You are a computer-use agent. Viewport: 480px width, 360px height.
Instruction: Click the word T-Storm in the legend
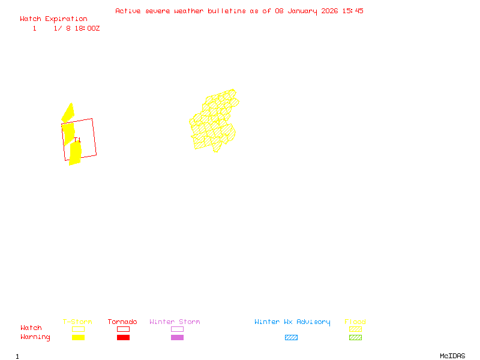click(77, 322)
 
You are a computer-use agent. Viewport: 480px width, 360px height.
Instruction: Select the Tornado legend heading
click(122, 322)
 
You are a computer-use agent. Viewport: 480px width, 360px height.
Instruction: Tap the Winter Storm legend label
click(175, 322)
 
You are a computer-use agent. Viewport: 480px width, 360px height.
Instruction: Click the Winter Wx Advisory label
click(292, 322)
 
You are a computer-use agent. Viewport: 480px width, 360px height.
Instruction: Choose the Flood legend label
click(355, 322)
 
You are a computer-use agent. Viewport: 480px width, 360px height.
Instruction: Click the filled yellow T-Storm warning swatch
click(78, 338)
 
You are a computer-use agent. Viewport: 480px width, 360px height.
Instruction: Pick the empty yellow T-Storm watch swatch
click(78, 329)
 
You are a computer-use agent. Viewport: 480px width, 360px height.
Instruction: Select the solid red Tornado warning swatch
click(123, 338)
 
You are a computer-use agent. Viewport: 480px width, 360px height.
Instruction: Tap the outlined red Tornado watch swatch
click(123, 329)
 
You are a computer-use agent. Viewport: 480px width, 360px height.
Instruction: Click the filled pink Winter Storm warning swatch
click(177, 338)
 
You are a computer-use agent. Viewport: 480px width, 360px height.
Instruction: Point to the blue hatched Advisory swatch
click(291, 338)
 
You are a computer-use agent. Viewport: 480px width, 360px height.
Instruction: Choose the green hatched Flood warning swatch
click(355, 338)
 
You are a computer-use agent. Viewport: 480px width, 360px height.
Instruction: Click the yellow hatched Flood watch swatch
click(355, 329)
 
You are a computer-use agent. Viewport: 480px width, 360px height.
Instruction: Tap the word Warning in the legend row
click(35, 337)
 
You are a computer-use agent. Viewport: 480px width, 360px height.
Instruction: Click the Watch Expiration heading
click(53, 19)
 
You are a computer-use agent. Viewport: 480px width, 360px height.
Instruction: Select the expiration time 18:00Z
click(87, 28)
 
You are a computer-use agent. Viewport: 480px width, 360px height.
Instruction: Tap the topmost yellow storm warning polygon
click(68, 113)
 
